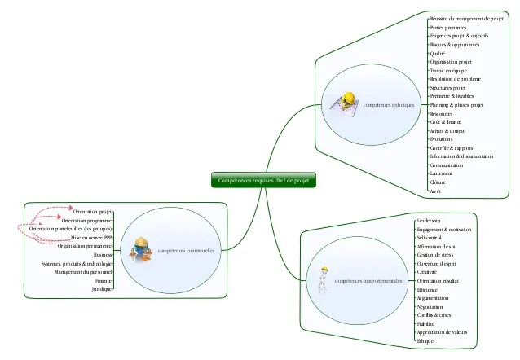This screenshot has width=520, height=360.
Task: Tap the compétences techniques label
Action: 389,105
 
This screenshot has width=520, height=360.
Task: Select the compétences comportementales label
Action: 369,280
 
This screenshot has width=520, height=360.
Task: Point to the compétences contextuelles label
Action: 187,251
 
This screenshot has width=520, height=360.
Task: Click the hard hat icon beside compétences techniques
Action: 346,101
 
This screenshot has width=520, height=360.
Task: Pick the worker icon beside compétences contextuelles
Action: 142,248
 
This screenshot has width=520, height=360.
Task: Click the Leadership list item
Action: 428,221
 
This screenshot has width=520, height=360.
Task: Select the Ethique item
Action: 425,341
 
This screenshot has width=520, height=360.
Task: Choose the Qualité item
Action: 438,53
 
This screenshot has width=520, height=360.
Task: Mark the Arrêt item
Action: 436,191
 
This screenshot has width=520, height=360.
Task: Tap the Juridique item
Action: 102,289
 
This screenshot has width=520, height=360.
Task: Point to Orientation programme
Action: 86,220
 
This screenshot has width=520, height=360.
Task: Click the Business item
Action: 103,254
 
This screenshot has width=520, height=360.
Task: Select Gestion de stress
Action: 435,255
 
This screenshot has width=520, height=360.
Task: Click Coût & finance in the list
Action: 445,122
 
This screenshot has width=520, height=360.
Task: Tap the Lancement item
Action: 441,173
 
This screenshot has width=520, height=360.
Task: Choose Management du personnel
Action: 83,271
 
